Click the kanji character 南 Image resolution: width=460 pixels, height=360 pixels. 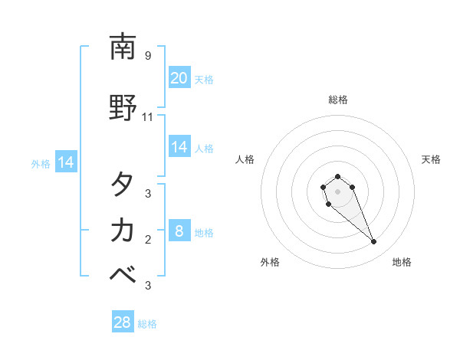[x=123, y=48]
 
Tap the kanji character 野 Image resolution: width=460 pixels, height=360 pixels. [x=123, y=109]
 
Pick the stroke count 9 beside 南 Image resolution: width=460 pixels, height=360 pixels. [x=148, y=56]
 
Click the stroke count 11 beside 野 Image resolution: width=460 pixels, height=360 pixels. [x=148, y=117]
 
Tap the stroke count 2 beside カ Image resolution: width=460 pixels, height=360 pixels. [x=148, y=240]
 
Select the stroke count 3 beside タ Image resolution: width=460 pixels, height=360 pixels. [x=148, y=194]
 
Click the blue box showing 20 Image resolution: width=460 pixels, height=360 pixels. [x=179, y=78]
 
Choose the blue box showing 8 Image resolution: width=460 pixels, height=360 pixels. [x=179, y=231]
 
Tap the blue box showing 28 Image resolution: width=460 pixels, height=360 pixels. [x=123, y=322]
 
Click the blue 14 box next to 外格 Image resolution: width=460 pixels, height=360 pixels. [x=66, y=162]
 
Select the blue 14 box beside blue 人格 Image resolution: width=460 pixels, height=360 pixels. [x=179, y=147]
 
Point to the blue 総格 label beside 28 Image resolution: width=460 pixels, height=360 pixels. [x=147, y=324]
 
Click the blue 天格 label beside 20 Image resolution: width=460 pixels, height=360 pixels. [x=204, y=79]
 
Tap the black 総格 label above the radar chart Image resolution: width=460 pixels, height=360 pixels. [x=338, y=100]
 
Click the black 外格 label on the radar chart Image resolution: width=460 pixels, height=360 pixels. [x=270, y=262]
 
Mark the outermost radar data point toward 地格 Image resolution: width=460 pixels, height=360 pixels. [x=374, y=242]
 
